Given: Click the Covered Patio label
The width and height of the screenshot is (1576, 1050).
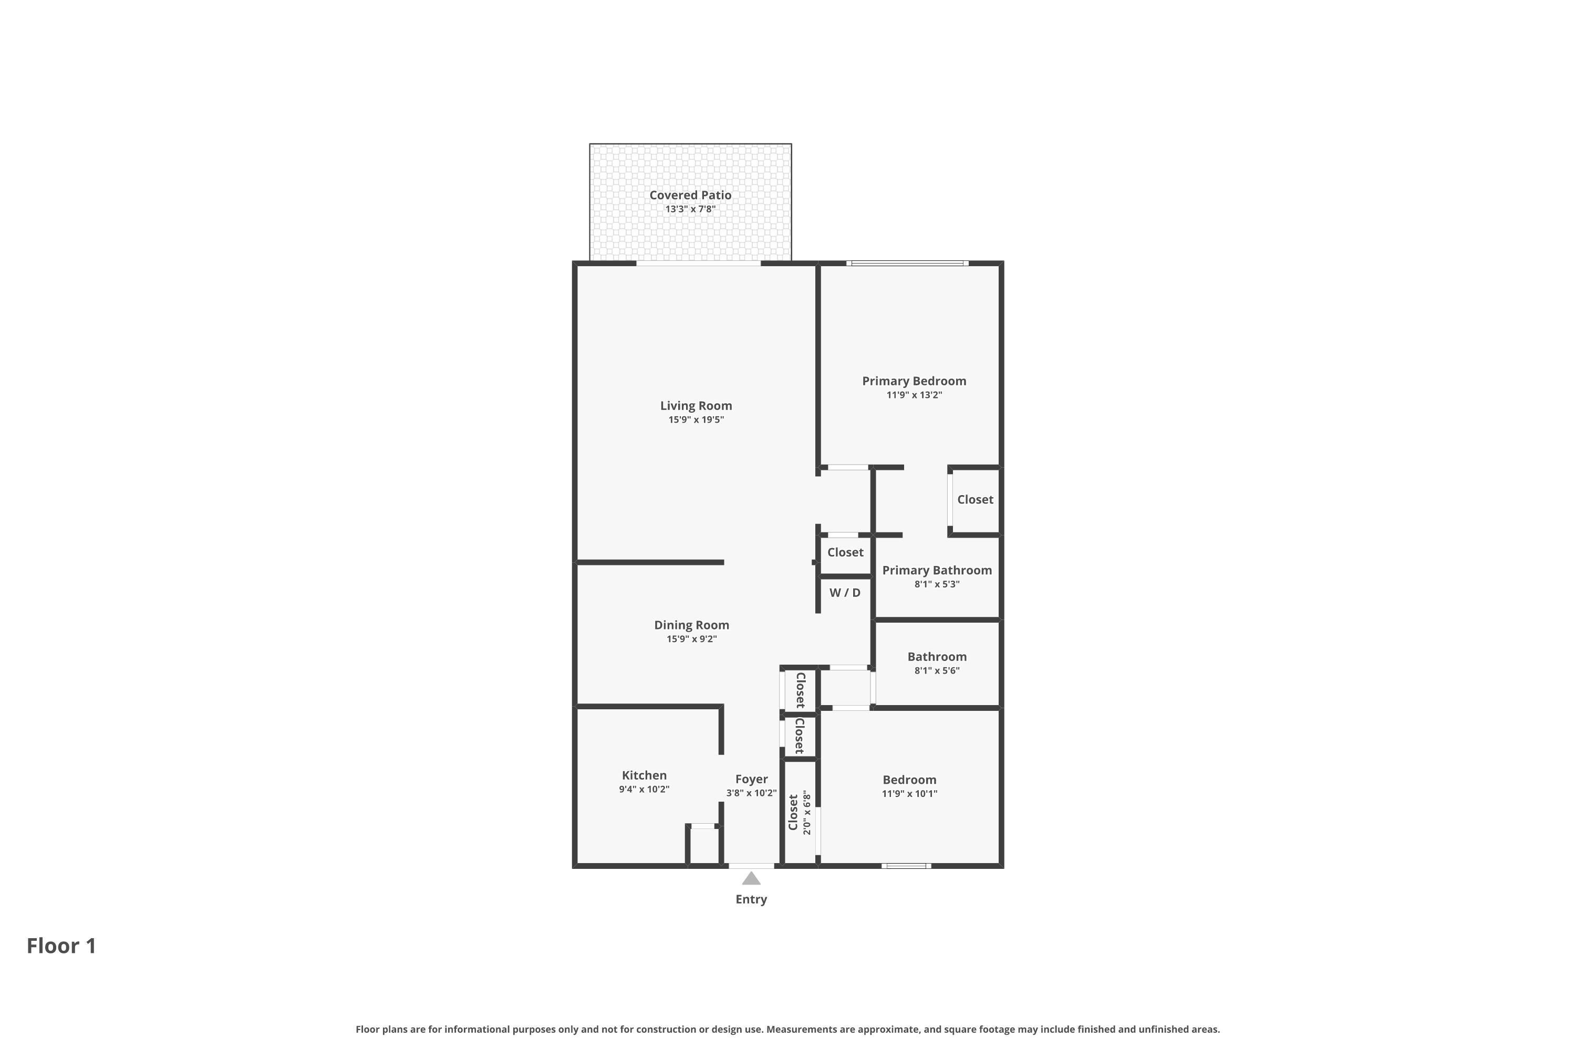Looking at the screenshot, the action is tap(690, 195).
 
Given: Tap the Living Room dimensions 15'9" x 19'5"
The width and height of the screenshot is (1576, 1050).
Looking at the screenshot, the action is tap(696, 420).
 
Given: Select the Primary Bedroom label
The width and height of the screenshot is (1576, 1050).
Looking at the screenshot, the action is tap(914, 381).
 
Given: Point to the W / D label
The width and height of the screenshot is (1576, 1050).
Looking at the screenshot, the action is tap(845, 593).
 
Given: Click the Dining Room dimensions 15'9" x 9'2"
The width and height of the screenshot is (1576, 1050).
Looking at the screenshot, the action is tap(691, 639).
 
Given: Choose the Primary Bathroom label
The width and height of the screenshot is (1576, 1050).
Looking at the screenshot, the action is tap(937, 571).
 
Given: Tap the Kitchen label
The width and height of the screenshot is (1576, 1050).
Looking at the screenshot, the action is tap(644, 775).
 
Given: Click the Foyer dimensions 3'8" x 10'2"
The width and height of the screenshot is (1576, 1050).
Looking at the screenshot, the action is tap(751, 793).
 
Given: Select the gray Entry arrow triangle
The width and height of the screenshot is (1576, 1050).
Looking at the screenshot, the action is tap(751, 878).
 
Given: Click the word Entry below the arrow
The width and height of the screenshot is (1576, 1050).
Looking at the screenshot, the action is tap(751, 899).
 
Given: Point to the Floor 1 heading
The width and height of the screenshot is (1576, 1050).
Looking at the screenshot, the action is tap(61, 946).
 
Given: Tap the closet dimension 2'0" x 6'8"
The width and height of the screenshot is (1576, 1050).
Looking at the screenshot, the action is tap(807, 812).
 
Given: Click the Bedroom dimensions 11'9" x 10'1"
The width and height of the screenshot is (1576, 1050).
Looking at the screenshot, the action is tap(909, 793).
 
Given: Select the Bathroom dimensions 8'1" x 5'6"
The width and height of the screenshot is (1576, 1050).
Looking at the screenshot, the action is tap(937, 670).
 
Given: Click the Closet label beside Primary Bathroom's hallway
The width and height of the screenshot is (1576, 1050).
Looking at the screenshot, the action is tap(975, 500).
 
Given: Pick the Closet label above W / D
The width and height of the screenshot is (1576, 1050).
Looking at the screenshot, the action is tap(845, 552).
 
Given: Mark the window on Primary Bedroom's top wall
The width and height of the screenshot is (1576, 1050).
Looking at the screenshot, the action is tap(907, 263).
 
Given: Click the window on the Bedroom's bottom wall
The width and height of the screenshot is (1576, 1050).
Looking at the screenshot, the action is tap(906, 866).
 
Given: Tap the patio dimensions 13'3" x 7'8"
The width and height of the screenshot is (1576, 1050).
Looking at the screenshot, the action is tap(690, 209).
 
